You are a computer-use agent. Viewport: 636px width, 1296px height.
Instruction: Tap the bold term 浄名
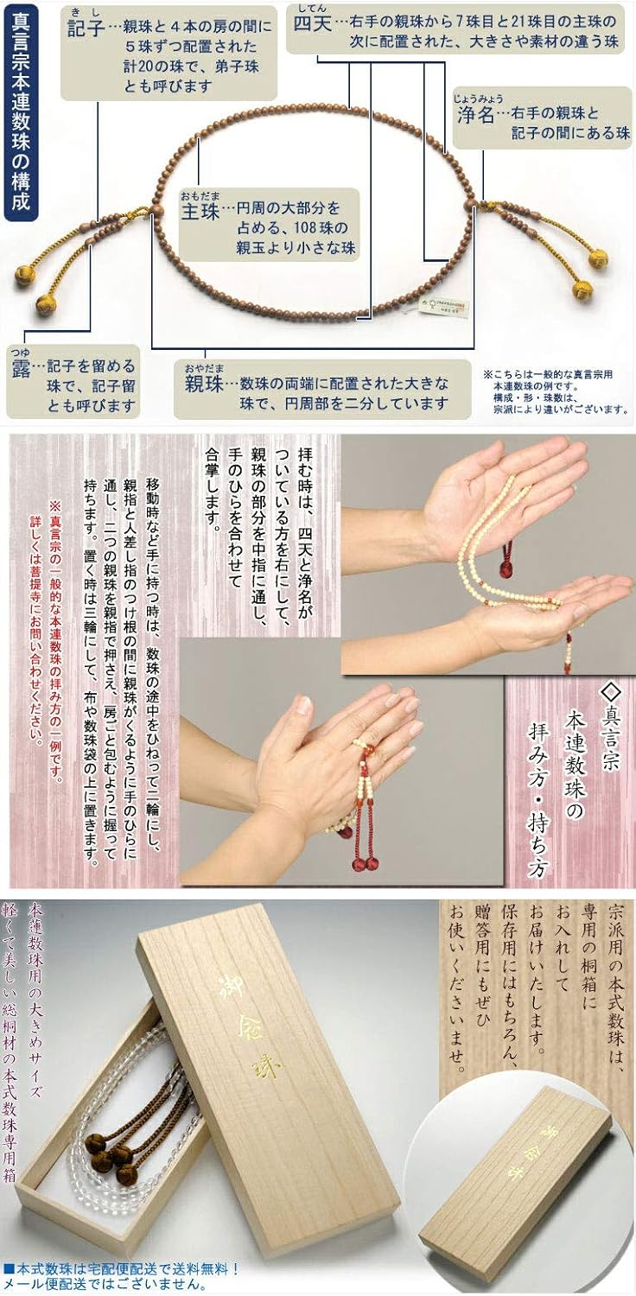(x=474, y=113)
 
